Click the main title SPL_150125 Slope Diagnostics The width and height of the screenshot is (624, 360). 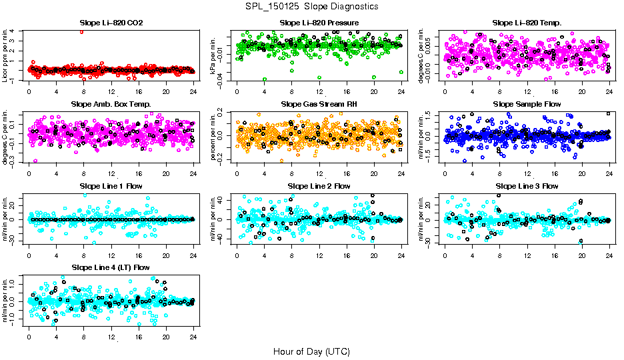point(311,6)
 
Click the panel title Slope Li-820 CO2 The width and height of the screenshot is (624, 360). point(111,23)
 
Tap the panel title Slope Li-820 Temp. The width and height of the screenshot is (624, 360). point(527,23)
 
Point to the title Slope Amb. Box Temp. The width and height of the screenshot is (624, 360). point(111,105)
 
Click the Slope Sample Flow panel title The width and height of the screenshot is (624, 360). point(527,105)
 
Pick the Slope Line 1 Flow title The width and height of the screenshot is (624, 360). point(111,186)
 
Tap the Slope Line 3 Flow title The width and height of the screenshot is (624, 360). point(527,186)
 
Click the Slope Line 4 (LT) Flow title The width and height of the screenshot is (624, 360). point(111,268)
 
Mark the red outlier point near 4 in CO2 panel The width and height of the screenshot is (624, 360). point(81,31)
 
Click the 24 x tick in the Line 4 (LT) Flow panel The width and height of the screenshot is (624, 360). point(193,337)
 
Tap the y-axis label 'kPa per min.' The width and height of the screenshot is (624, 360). point(215,55)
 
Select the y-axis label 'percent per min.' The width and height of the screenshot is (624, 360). point(215,136)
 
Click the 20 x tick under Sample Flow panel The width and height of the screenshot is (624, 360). point(582,174)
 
